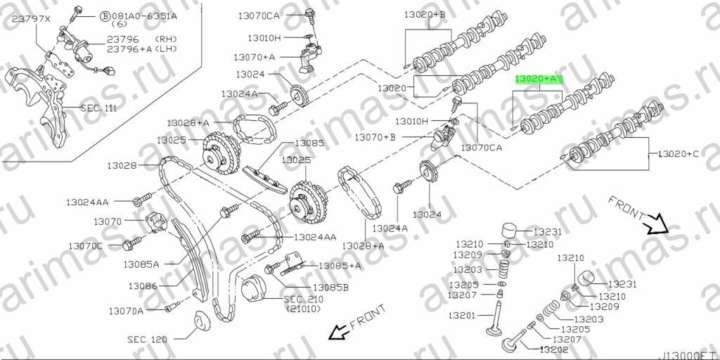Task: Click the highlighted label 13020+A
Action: pyautogui.click(x=536, y=79)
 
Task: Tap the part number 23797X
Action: pyautogui.click(x=31, y=19)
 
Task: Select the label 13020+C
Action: pyautogui.click(x=679, y=154)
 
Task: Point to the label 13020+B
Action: pyautogui.click(x=425, y=15)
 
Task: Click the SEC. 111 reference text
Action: pyautogui.click(x=98, y=109)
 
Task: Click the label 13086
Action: pyautogui.click(x=143, y=285)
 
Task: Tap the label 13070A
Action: pyautogui.click(x=127, y=311)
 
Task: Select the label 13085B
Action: pyautogui.click(x=330, y=288)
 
